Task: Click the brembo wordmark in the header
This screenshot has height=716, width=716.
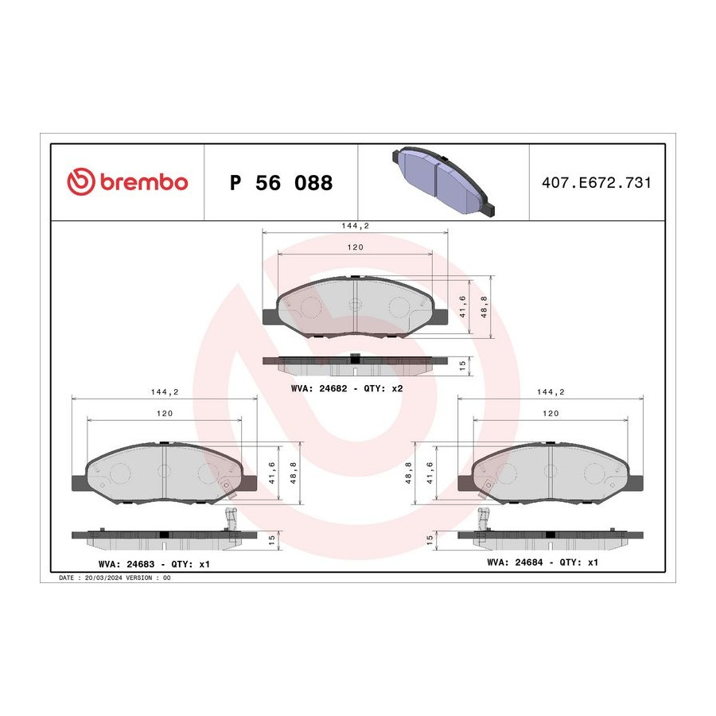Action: coord(143,182)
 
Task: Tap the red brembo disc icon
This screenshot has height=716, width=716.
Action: coord(81,181)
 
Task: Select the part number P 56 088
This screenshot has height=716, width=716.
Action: coord(282,183)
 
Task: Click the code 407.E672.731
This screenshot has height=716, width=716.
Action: coord(597,183)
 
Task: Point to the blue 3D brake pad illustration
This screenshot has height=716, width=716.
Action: coord(443,181)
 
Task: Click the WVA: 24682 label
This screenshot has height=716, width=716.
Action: coord(319,388)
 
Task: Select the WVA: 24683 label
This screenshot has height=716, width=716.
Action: coord(126,564)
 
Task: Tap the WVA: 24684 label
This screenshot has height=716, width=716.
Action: coord(515,562)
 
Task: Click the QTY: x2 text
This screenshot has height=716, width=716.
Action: coord(383,388)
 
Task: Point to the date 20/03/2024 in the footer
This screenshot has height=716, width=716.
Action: coord(103,578)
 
